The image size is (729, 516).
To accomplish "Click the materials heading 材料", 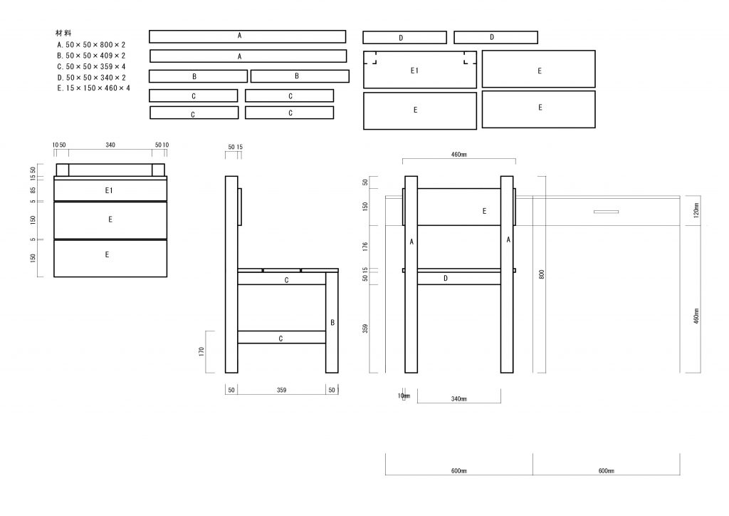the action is click(x=63, y=33).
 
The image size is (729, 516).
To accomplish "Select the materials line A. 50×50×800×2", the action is click(x=91, y=45).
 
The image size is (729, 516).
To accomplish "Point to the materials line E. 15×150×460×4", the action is click(x=93, y=88).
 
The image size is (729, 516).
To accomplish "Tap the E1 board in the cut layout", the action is click(x=420, y=70).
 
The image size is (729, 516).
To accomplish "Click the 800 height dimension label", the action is click(x=542, y=274).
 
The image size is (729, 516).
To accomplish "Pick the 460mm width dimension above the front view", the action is click(x=459, y=155).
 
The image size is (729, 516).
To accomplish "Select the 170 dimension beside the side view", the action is click(x=201, y=351).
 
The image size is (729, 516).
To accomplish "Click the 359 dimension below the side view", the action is click(x=282, y=390).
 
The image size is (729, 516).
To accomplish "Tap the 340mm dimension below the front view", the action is click(x=459, y=398).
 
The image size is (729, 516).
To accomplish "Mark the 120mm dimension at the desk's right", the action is click(x=696, y=210).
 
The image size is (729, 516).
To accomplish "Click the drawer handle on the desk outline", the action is click(x=607, y=212).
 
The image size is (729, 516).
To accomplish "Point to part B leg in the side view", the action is click(x=332, y=322).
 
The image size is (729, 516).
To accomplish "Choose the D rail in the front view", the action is click(x=459, y=278).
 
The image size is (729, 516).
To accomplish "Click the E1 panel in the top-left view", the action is click(x=110, y=190).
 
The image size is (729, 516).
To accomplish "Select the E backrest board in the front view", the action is click(x=459, y=207).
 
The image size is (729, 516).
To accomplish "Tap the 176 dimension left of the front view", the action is click(x=365, y=247).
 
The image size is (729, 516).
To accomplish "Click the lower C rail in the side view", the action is click(x=282, y=337).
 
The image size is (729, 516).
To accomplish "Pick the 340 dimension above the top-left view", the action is click(x=110, y=145).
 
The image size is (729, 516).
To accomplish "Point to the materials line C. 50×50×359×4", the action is click(x=91, y=66).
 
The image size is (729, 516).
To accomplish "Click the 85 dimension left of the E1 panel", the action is click(x=33, y=190).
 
